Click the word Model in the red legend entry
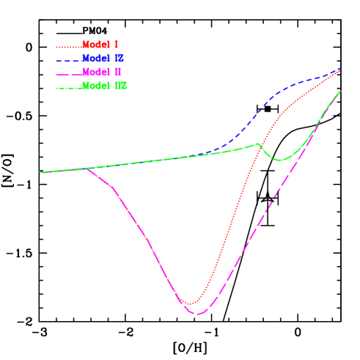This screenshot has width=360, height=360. [x=95, y=45]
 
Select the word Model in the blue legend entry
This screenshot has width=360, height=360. [x=95, y=59]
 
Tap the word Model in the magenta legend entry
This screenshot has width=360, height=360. [x=95, y=73]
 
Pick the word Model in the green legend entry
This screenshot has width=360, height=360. [x=95, y=87]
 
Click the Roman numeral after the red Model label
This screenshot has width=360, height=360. [x=117, y=45]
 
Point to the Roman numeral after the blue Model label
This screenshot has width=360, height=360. [x=120, y=59]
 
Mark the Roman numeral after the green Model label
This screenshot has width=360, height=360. [x=121, y=87]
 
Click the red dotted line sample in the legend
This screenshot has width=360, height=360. [x=68, y=46]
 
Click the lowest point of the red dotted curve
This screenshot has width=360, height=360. [x=190, y=304]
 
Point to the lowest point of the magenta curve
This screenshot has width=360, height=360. [x=196, y=314]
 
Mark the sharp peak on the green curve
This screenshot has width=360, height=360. [x=257, y=144]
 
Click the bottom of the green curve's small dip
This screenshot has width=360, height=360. [x=279, y=160]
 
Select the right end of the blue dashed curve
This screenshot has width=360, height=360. [x=340, y=70]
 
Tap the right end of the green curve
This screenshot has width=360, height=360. [x=340, y=92]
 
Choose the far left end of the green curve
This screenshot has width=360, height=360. [x=40, y=172]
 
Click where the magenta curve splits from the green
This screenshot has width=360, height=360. [x=87, y=169]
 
